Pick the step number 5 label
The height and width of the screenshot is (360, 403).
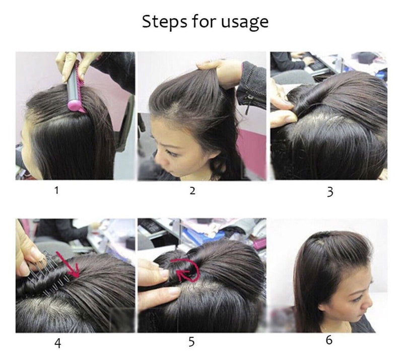coord(191,342)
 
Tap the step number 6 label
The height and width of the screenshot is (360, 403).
coord(329,340)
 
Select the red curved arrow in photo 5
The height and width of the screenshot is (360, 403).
coord(184,270)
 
